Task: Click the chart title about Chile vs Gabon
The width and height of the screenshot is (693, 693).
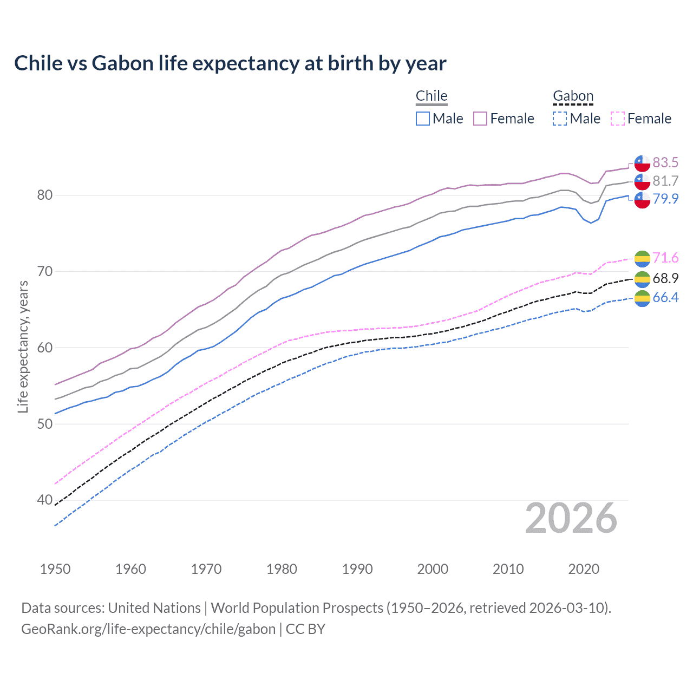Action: (x=230, y=63)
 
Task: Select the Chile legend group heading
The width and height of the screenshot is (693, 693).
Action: (x=432, y=96)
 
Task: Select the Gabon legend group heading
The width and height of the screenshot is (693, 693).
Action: (x=573, y=96)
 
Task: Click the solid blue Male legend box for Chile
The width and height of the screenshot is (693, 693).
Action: (x=423, y=119)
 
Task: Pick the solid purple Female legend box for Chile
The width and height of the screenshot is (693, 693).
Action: (x=480, y=119)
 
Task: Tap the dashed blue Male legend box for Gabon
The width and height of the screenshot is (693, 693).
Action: (x=560, y=119)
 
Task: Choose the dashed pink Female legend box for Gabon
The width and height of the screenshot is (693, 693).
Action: (x=617, y=119)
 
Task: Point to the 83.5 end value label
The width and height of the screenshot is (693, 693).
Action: (x=665, y=162)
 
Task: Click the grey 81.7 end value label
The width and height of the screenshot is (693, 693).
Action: (x=665, y=181)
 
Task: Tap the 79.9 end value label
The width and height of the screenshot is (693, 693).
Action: (x=665, y=199)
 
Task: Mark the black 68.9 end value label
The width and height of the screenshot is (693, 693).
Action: (x=665, y=278)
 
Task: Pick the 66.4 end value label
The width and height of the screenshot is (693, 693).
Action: (x=665, y=297)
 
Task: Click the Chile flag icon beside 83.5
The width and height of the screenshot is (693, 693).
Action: (x=642, y=162)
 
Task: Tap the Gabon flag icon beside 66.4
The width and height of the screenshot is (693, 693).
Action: (x=642, y=298)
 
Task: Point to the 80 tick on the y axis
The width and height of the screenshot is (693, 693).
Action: (x=44, y=195)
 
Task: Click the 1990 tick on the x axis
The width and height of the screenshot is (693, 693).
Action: (x=357, y=569)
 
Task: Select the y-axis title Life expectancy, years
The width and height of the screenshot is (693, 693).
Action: (x=23, y=346)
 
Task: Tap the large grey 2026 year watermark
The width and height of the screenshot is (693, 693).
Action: (x=571, y=518)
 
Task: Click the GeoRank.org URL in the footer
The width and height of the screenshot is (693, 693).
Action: (x=148, y=629)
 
